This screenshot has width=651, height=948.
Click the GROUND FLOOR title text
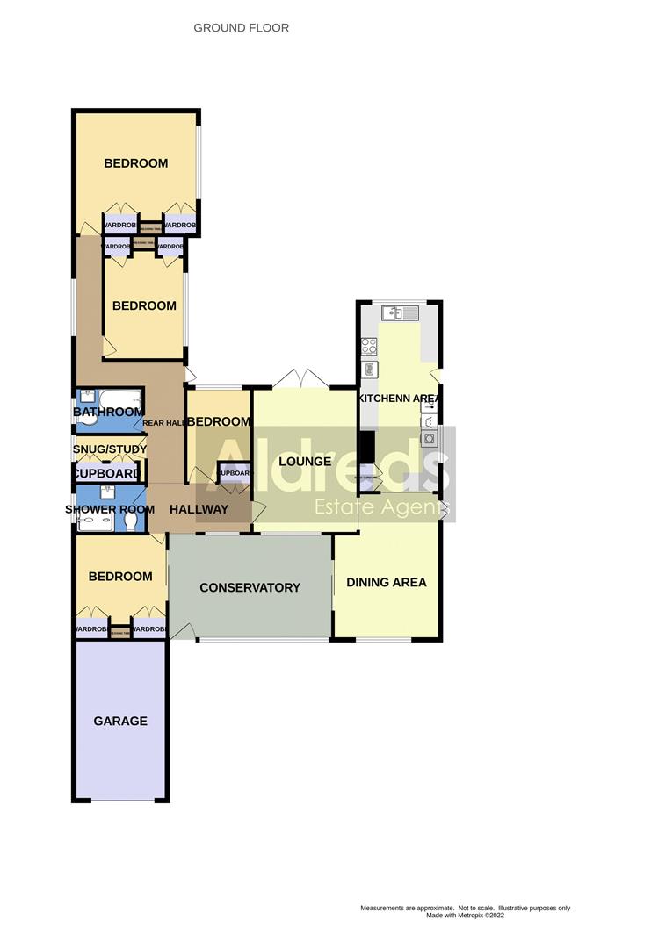point(241,28)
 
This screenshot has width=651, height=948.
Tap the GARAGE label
point(120,721)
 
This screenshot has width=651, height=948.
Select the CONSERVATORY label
point(250,587)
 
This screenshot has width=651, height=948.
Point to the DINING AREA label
point(387,582)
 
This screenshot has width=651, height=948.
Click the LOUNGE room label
point(304,461)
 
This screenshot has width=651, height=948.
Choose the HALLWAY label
point(199,509)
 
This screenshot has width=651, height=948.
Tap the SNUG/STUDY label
point(109,449)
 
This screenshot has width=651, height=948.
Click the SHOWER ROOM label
point(109,509)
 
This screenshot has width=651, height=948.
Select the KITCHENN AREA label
point(398,399)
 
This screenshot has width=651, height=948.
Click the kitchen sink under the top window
point(392,312)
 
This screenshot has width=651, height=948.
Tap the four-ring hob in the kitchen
point(369,346)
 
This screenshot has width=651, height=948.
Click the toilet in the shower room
point(131,522)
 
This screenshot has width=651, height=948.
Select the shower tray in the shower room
point(95,524)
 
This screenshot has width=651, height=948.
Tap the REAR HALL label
point(163,423)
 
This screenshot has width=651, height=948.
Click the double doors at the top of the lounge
point(300,379)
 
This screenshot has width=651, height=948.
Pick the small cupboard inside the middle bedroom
point(234,473)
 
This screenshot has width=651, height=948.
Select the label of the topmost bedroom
point(136,163)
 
